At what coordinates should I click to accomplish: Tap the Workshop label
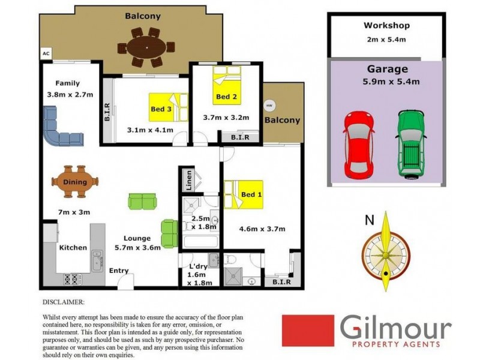pyautogui.click(x=386, y=26)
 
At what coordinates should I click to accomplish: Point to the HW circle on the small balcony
pyautogui.click(x=270, y=104)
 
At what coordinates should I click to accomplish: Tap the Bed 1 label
pyautogui.click(x=251, y=194)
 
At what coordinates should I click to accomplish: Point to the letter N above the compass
pyautogui.click(x=367, y=220)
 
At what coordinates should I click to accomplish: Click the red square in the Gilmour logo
pyautogui.click(x=308, y=331)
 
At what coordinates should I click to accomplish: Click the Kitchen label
pyautogui.click(x=73, y=247)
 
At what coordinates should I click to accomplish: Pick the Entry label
pyautogui.click(x=118, y=271)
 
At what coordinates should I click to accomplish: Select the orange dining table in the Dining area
pyautogui.click(x=75, y=182)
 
